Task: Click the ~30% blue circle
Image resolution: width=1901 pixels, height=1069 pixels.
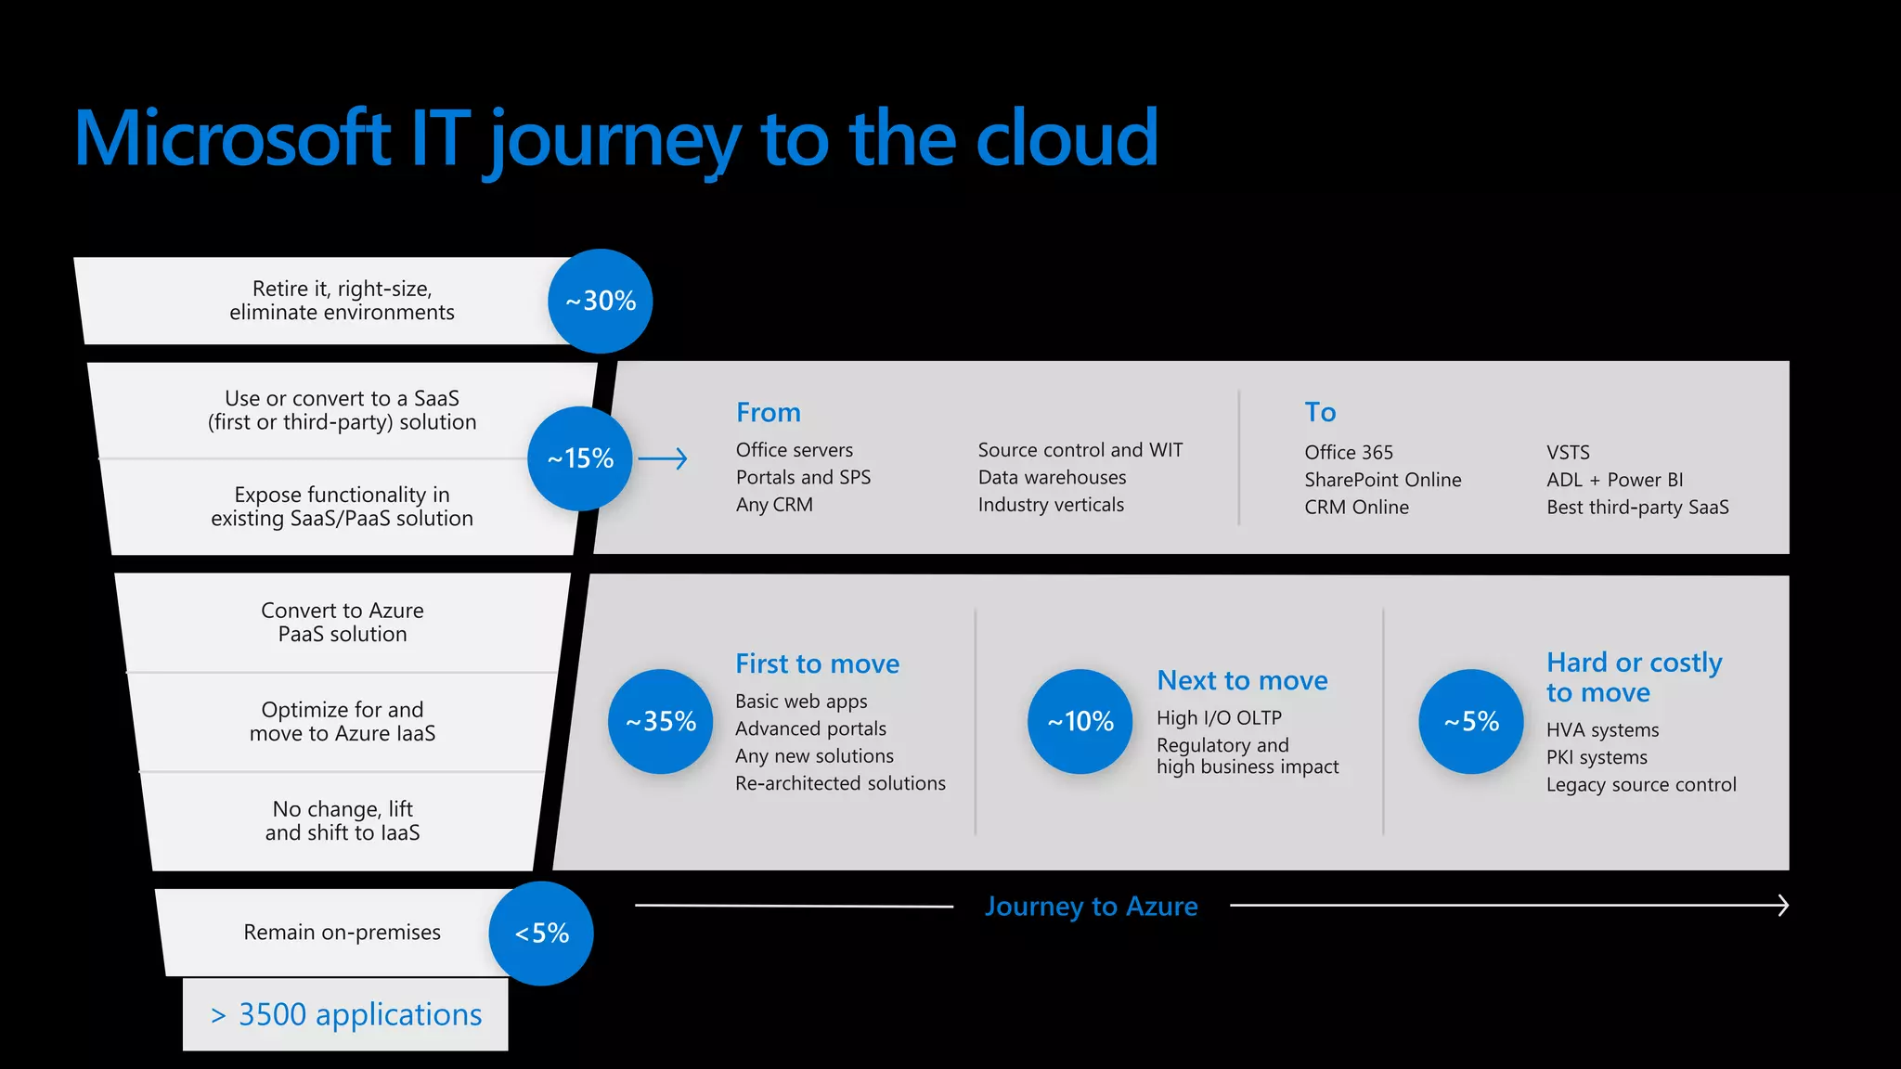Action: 600,301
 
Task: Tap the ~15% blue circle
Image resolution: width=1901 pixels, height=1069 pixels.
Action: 580,458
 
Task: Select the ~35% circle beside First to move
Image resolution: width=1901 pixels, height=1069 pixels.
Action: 660,721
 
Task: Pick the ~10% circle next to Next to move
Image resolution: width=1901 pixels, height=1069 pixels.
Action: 1080,721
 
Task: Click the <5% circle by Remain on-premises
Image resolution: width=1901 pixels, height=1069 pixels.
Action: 541,933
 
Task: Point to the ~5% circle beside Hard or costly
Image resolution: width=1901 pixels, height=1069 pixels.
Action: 1471,721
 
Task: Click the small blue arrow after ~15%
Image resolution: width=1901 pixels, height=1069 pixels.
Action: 663,458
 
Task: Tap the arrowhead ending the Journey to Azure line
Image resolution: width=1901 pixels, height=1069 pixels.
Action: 1781,905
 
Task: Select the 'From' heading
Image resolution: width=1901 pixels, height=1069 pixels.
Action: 768,412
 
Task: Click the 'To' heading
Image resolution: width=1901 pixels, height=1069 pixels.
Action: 1320,412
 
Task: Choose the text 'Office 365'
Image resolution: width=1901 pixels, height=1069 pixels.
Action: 1348,452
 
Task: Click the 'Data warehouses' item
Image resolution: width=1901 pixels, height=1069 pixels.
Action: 1052,477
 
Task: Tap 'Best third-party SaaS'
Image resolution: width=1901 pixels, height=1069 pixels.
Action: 1636,507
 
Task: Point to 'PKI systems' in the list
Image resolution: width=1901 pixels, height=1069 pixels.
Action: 1596,757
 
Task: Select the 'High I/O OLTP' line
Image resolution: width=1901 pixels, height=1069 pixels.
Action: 1219,717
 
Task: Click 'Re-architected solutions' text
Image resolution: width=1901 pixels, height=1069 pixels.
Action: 840,783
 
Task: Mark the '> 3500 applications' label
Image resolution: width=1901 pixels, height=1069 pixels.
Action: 345,1014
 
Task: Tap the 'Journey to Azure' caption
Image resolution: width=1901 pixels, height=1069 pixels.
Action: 1091,906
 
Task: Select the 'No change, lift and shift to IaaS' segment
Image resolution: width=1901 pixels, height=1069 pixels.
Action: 343,820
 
